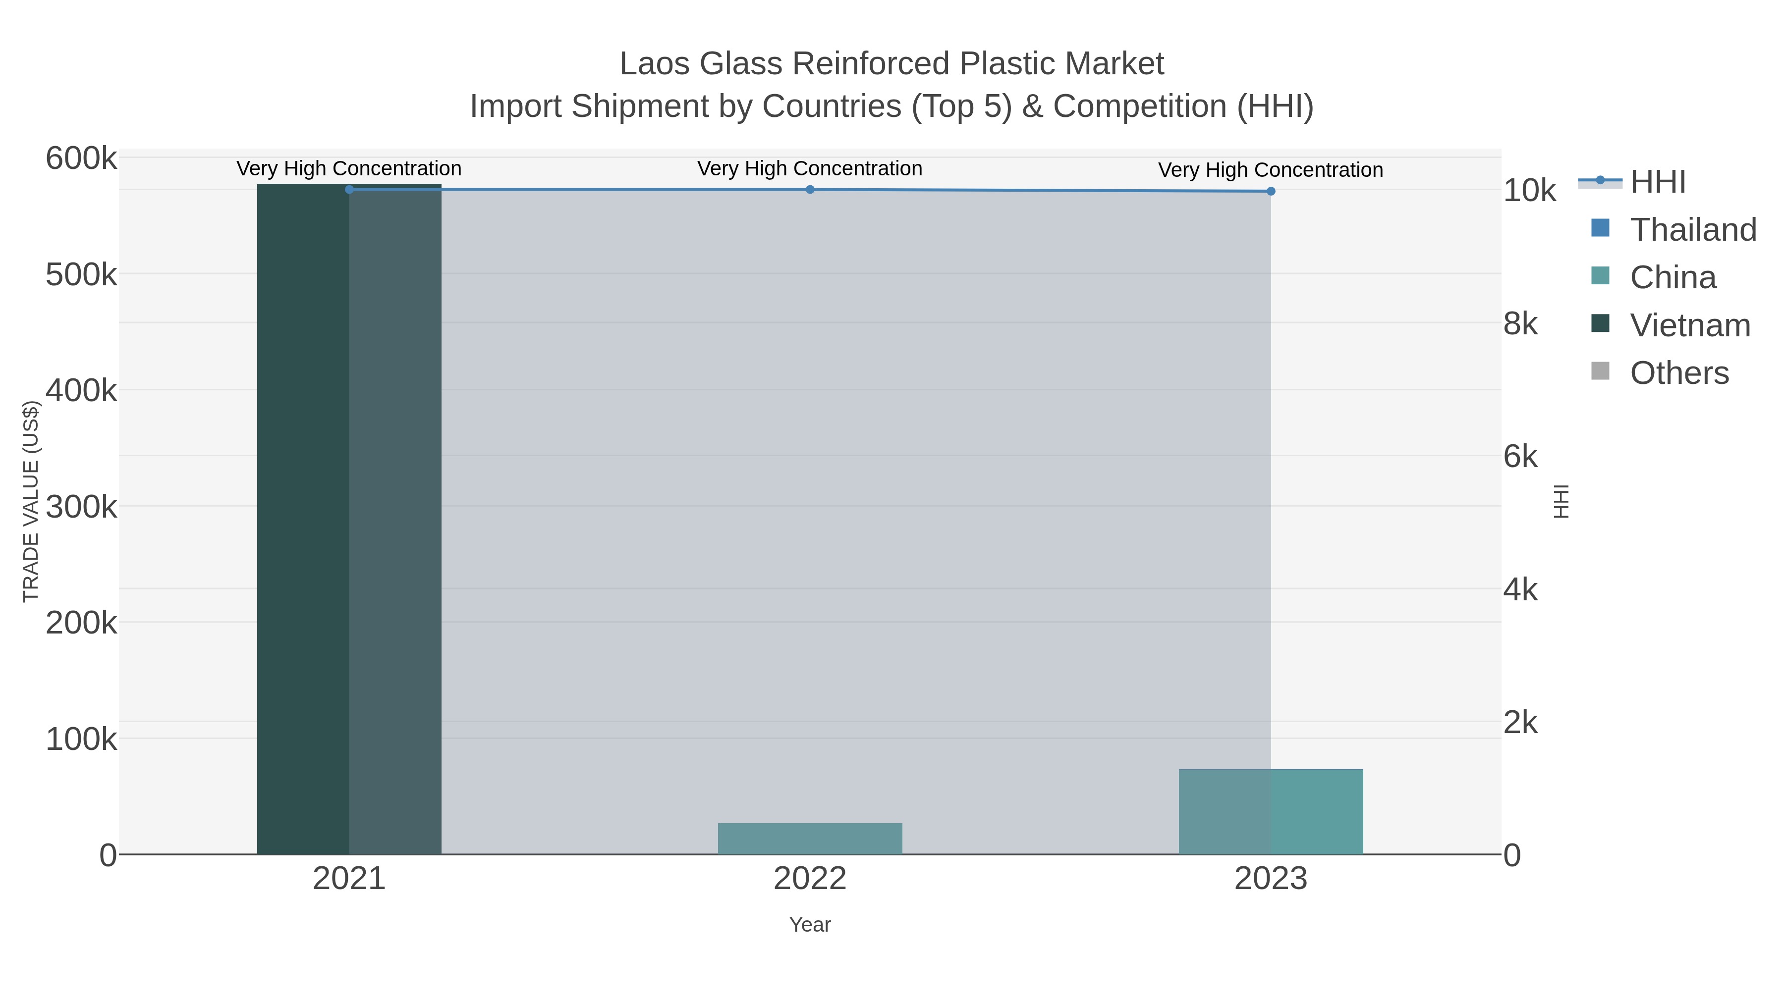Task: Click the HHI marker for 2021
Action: [349, 189]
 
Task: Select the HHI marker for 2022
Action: [810, 189]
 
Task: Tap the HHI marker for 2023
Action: [1270, 191]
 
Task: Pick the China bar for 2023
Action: [1270, 811]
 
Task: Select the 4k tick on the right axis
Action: [1521, 590]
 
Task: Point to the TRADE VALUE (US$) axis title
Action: [31, 501]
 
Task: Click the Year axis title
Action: [810, 925]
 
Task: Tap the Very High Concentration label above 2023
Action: [1270, 169]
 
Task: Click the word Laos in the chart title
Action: [654, 64]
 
